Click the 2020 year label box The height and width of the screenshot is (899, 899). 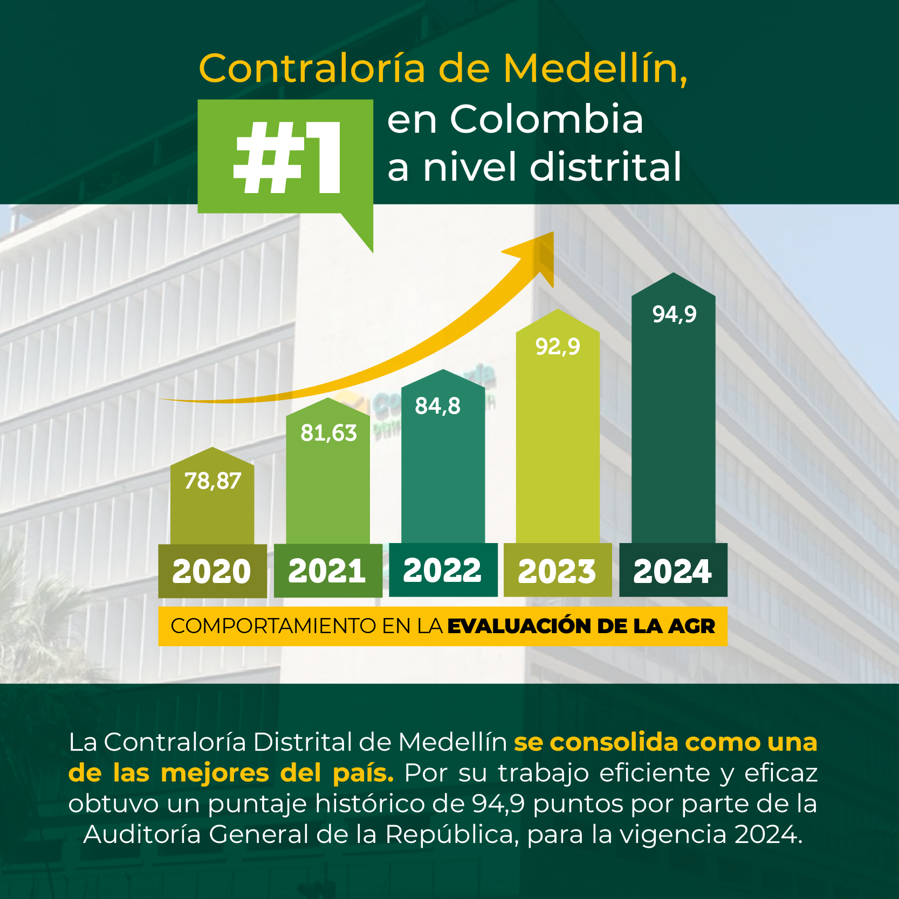click(212, 571)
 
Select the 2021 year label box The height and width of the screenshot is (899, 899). click(327, 571)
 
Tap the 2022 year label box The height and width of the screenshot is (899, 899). click(443, 570)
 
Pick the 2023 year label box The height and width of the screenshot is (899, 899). click(557, 571)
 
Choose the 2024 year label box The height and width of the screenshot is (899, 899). click(673, 571)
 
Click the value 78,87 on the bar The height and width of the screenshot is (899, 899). click(212, 481)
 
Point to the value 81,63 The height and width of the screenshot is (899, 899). click(328, 433)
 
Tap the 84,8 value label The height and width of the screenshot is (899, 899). click(437, 406)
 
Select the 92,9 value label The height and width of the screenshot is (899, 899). click(558, 347)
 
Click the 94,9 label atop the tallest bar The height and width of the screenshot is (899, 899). click(674, 314)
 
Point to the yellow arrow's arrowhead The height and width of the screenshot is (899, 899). click(537, 253)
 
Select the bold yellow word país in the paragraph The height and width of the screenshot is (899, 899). click(363, 773)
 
